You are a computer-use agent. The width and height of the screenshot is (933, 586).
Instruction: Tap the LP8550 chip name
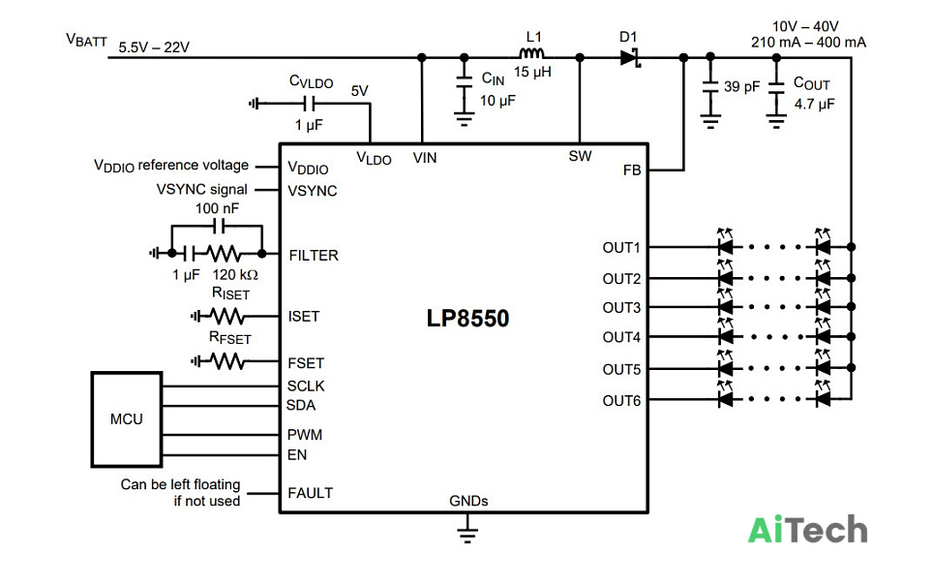(x=467, y=318)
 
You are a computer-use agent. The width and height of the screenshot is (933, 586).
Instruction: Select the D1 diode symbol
(x=630, y=58)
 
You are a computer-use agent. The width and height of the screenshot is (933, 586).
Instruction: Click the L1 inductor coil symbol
(x=531, y=53)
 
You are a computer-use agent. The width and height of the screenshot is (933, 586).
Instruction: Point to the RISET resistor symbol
(x=226, y=316)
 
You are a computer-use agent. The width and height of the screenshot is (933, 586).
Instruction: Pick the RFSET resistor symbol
(x=226, y=361)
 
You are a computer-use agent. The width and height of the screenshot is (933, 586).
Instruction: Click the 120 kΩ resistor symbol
(x=224, y=254)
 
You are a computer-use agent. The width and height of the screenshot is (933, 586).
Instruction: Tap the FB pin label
(x=632, y=170)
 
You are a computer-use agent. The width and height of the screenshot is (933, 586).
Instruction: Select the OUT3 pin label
(x=621, y=308)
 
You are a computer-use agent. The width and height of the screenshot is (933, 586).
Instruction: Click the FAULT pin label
(x=310, y=493)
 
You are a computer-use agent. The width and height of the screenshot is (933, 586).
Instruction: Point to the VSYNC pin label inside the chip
(x=313, y=191)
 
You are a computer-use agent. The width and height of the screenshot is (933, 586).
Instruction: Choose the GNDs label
(x=468, y=502)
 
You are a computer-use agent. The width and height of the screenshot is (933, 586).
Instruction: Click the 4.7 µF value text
(x=814, y=105)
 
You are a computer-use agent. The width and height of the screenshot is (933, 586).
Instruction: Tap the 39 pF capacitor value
(x=741, y=87)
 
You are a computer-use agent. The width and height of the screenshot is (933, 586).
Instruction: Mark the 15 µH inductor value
(x=532, y=72)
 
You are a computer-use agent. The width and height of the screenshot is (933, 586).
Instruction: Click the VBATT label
(x=87, y=41)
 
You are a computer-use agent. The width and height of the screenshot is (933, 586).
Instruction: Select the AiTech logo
(x=807, y=529)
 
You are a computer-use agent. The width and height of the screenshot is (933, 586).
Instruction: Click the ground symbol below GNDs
(x=467, y=534)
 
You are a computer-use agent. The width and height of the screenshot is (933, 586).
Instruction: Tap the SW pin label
(x=580, y=157)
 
